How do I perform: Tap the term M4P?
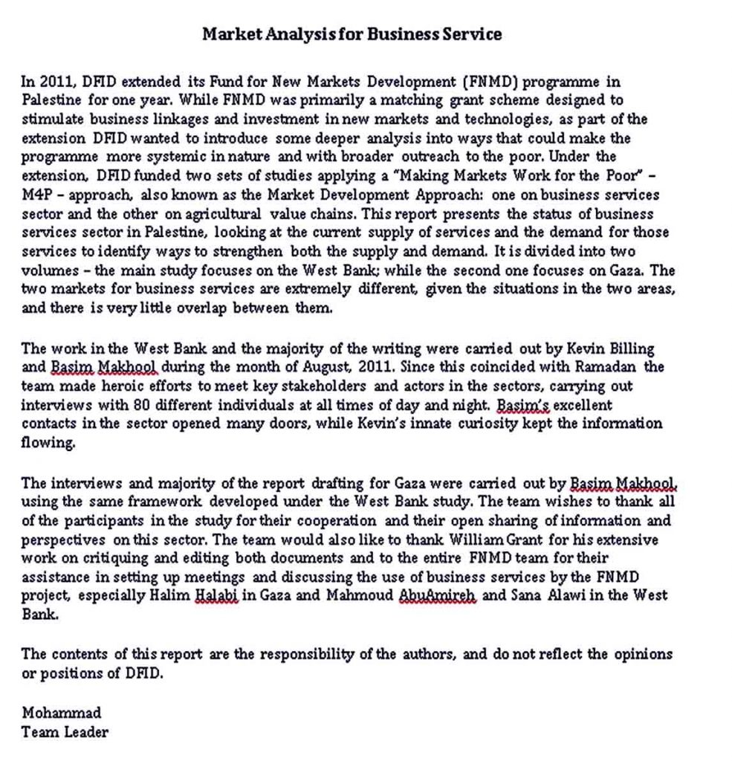(36, 195)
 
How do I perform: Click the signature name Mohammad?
(61, 713)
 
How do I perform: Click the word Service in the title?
(468, 33)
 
